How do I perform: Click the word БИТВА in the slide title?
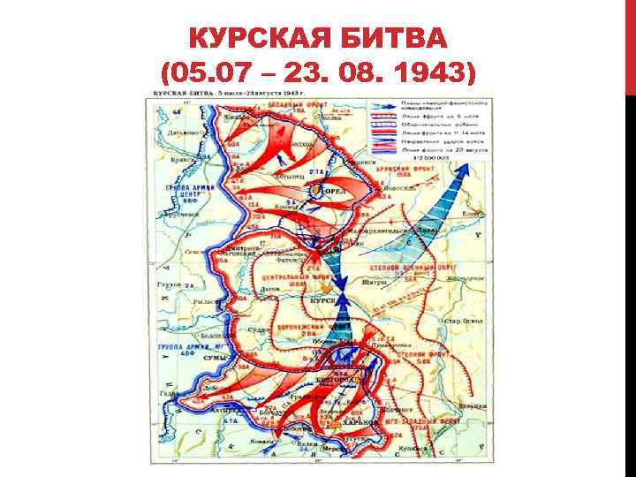click(x=397, y=39)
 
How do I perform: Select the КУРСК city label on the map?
click(x=323, y=301)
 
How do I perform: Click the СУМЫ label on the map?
click(x=215, y=359)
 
